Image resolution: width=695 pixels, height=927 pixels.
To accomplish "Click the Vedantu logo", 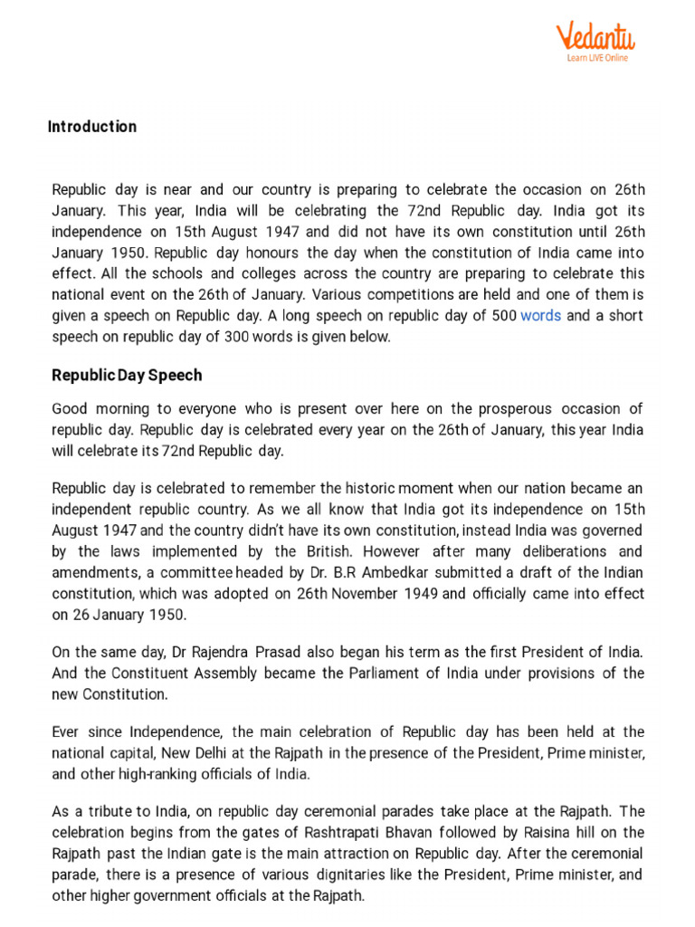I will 595,37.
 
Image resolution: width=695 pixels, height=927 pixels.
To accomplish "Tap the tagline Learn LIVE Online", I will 597,58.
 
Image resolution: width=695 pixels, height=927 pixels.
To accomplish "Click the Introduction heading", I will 92,127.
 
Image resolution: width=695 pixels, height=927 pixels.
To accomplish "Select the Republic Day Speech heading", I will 127,375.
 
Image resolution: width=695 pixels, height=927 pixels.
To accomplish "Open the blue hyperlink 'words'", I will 540,315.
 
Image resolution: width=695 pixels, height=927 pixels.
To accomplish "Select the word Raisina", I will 548,832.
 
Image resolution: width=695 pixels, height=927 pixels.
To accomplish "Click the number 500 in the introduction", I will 504,315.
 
